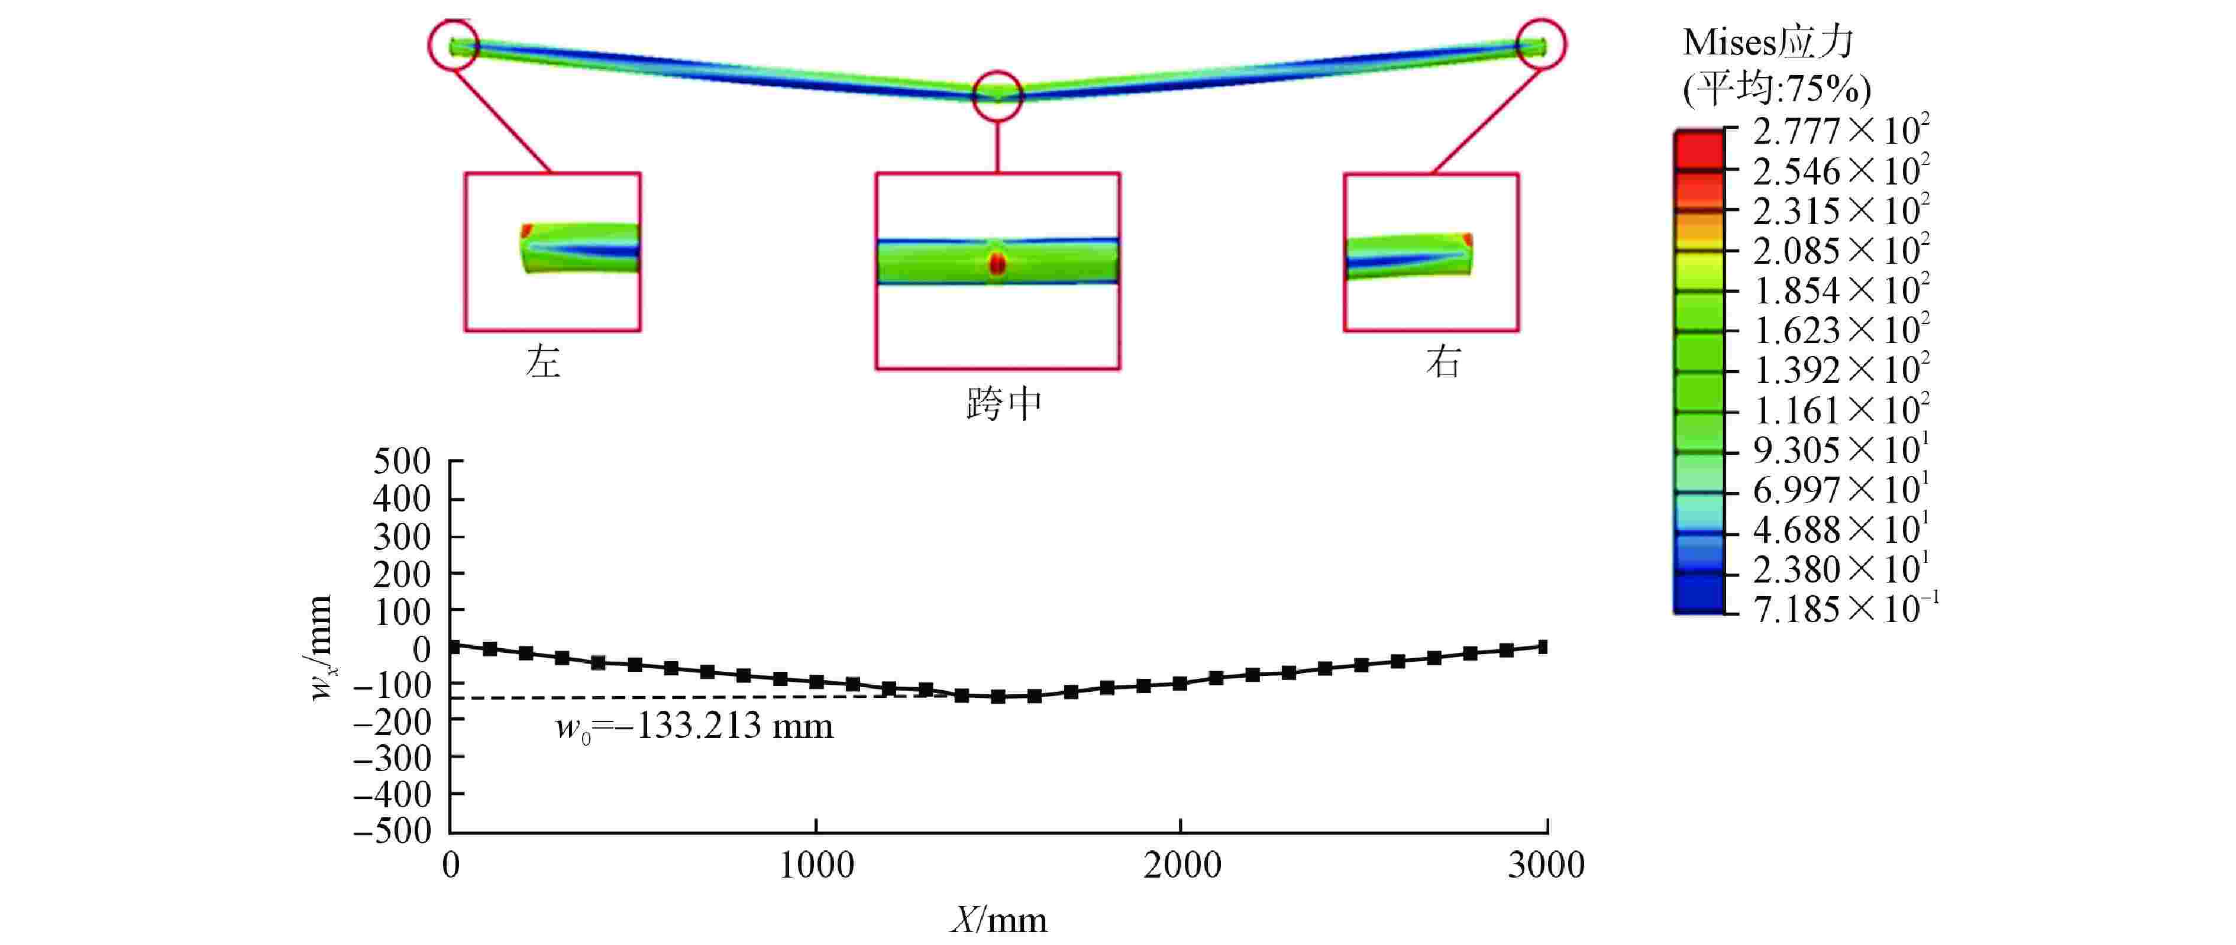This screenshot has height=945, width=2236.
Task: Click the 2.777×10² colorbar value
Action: (x=1840, y=132)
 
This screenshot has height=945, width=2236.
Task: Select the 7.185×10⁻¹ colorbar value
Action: (x=1844, y=609)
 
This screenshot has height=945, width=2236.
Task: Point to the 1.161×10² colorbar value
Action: (x=1840, y=410)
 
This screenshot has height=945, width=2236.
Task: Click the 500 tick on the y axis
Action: (x=402, y=462)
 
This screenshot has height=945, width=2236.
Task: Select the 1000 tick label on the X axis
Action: (x=816, y=865)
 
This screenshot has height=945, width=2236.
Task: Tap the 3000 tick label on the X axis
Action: (x=1546, y=865)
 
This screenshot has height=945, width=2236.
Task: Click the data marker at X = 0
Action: (x=453, y=646)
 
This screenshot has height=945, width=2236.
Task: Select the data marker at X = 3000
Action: (x=1543, y=646)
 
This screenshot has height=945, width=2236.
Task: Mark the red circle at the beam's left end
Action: (x=453, y=45)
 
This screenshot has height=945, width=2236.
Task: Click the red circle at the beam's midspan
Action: (x=997, y=95)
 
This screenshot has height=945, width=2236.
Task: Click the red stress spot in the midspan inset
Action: (x=997, y=264)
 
